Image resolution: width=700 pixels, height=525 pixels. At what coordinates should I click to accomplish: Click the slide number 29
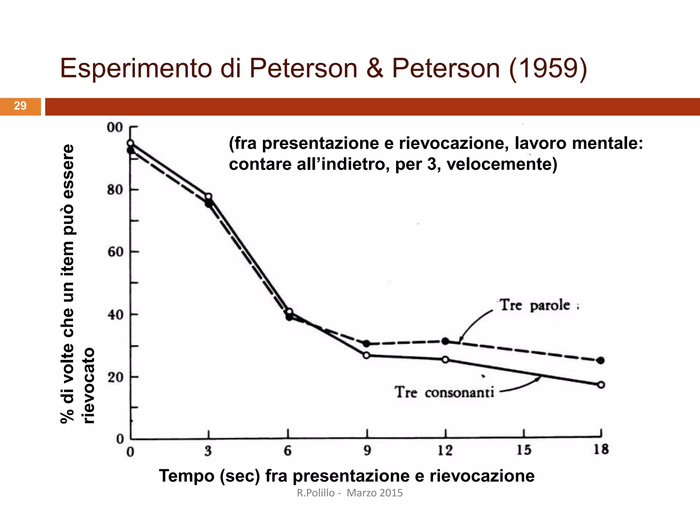(x=20, y=106)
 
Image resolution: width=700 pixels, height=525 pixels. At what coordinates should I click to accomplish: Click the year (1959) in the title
(x=548, y=68)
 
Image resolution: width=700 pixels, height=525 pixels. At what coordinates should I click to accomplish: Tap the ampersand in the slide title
(x=375, y=68)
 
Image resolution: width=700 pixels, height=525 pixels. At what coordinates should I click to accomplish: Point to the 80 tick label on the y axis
(x=115, y=190)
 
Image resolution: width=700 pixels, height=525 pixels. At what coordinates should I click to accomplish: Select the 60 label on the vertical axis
(x=115, y=252)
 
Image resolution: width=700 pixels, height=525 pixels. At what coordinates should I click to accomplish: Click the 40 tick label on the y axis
(x=115, y=315)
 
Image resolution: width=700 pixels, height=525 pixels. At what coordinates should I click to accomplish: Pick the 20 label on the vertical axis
(x=115, y=377)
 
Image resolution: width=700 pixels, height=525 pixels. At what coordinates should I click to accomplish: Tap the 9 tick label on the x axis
(x=367, y=450)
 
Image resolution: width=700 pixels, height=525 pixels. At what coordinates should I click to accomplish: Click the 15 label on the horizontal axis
(x=524, y=450)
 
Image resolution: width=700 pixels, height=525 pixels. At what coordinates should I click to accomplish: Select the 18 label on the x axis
(x=601, y=449)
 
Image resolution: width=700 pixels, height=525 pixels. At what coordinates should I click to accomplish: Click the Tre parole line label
(x=535, y=305)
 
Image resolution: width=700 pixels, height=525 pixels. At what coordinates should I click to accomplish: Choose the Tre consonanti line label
(x=445, y=392)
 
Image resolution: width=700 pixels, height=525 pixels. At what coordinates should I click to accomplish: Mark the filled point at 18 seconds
(x=601, y=360)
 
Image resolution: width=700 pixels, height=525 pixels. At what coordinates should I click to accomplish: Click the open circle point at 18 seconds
(x=601, y=385)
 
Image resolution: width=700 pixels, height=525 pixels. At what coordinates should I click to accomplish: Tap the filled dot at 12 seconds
(x=445, y=341)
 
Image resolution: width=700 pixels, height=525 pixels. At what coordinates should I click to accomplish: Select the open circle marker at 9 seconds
(x=366, y=355)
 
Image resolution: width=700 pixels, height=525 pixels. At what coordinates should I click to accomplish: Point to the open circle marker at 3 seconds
(x=208, y=197)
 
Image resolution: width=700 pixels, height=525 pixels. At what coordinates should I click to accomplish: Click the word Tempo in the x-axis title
(x=186, y=476)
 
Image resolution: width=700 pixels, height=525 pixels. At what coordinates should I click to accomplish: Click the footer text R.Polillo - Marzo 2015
(x=350, y=493)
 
